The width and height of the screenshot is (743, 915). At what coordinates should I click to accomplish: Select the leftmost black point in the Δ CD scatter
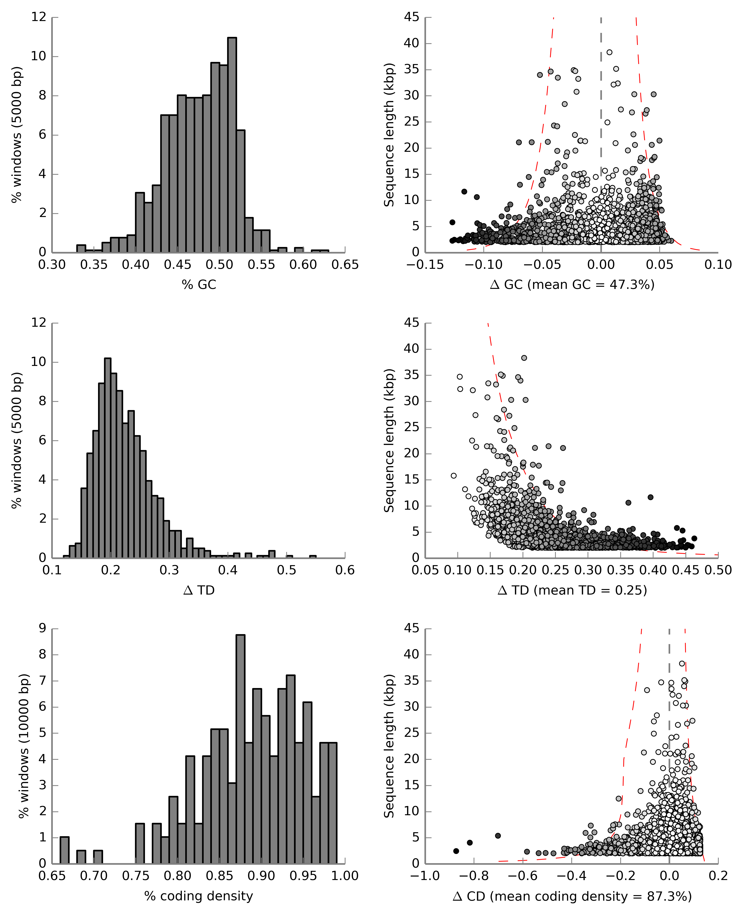[x=456, y=851]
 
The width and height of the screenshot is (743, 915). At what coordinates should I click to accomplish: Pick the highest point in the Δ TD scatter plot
[x=524, y=358]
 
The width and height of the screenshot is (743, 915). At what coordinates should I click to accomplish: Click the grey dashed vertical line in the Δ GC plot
[x=601, y=107]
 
